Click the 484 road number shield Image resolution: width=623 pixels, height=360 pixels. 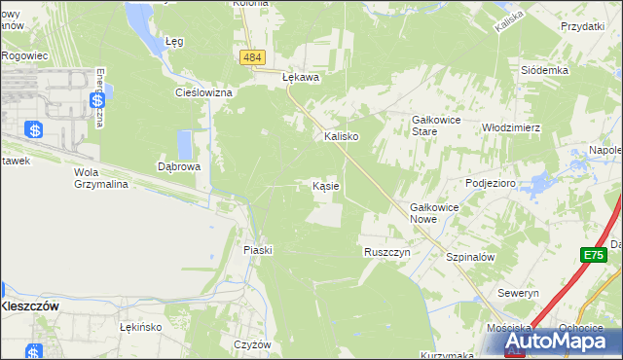(x=252, y=58)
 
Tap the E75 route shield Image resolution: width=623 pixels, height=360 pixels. (x=594, y=255)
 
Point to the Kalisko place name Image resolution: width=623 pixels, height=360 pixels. (x=342, y=137)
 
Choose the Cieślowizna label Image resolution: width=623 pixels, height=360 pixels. (x=202, y=92)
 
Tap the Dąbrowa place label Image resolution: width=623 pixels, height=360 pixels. (x=179, y=166)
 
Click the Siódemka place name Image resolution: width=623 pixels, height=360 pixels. (x=544, y=71)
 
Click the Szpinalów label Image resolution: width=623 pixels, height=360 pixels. (x=471, y=257)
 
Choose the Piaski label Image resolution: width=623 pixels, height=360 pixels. (x=258, y=250)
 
